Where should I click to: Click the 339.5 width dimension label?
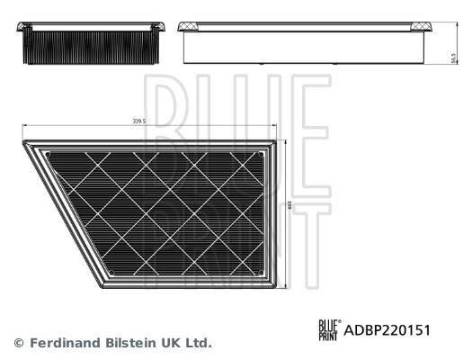pyautogui.click(x=138, y=118)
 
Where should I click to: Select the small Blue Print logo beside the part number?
pyautogui.click(x=330, y=330)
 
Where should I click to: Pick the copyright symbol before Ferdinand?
pyautogui.click(x=18, y=343)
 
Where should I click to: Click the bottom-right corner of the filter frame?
pyautogui.click(x=275, y=286)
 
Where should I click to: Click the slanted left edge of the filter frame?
pyautogui.click(x=61, y=212)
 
